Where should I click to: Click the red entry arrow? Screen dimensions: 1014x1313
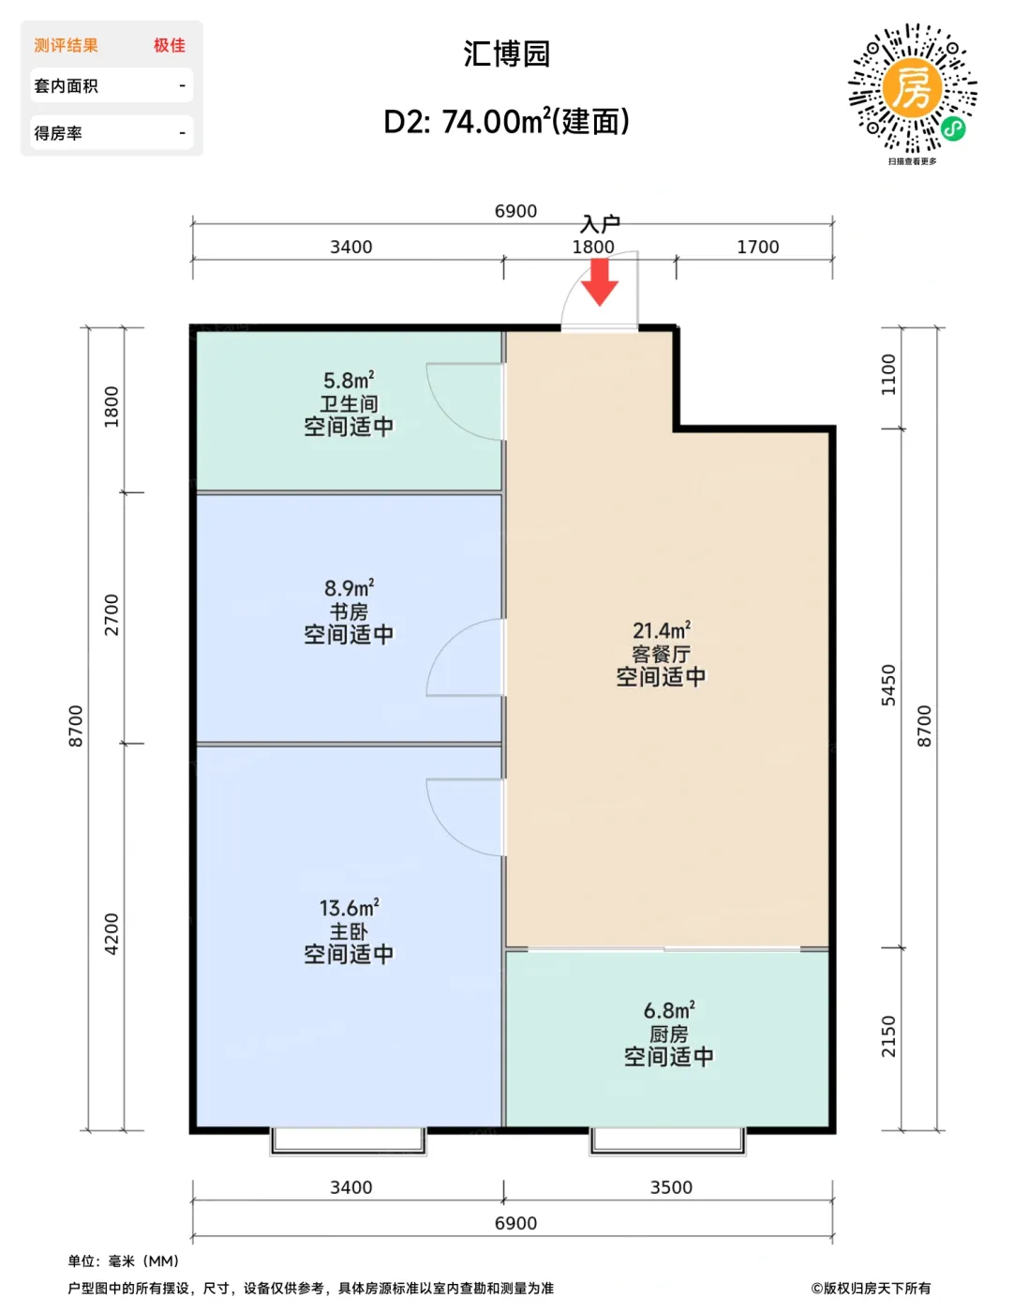[x=599, y=281]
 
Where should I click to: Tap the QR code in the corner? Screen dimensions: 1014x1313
[x=913, y=88]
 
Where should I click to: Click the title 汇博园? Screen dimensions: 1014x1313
[x=506, y=53]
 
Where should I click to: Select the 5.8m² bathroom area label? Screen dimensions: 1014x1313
[x=349, y=381]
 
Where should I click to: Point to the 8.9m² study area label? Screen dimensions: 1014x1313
[x=349, y=588]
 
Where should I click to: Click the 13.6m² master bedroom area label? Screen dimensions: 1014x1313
[x=349, y=908]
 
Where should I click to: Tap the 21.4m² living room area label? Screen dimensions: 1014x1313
[x=662, y=631]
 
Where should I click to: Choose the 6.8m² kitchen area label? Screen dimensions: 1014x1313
[x=669, y=1010]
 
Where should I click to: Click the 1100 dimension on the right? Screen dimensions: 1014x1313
[x=888, y=374]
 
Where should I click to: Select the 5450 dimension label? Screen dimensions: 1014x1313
[x=888, y=685]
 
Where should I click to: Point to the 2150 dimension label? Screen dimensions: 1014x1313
[x=888, y=1036]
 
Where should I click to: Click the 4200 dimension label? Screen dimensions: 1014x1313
[x=112, y=934]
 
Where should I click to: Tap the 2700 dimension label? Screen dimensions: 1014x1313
[x=112, y=614]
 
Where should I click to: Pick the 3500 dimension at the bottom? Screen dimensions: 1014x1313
[x=671, y=1187]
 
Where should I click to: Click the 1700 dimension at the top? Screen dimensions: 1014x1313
[x=757, y=247]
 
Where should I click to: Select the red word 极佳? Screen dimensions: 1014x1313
[x=170, y=45]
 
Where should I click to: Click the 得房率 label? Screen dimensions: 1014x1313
[x=58, y=133]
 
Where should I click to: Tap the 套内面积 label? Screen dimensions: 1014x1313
[x=66, y=85]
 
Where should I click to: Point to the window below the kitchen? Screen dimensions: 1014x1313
[x=667, y=1140]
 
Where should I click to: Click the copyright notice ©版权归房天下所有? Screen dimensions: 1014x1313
[x=871, y=1288]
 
